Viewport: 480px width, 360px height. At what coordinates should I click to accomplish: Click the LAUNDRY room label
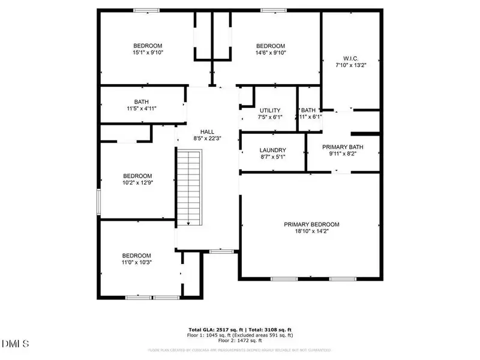272,151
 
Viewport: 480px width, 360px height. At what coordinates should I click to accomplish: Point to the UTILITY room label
270,110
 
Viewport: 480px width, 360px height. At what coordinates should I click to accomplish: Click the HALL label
207,131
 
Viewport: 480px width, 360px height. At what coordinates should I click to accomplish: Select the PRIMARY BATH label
343,147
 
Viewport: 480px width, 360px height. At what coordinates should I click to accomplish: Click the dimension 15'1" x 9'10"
148,53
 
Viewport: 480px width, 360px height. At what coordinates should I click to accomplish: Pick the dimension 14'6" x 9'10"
271,53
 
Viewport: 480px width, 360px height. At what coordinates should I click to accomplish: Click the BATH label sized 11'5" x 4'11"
142,102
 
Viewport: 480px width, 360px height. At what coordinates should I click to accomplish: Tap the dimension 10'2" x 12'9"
138,184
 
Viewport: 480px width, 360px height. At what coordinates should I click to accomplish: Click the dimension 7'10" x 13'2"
352,65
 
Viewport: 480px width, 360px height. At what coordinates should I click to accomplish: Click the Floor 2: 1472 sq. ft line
239,341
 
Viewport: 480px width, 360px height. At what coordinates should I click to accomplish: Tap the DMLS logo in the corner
16,344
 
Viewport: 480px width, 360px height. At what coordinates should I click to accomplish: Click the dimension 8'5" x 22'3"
207,139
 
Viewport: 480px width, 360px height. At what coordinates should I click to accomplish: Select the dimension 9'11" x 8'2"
343,154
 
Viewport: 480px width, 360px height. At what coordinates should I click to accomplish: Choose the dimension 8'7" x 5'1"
272,157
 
